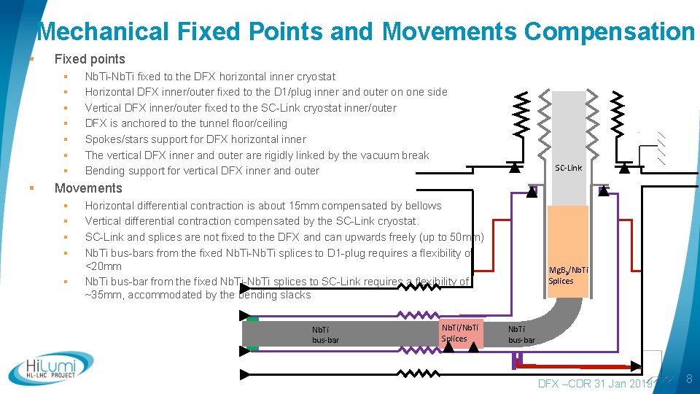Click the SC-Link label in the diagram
568,168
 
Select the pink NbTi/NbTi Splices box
460,333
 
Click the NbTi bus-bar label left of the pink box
325,335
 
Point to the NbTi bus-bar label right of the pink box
521,335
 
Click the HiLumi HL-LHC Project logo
51,368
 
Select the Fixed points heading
90,59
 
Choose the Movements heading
88,188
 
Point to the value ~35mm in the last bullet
102,295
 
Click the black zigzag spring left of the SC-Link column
523,117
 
